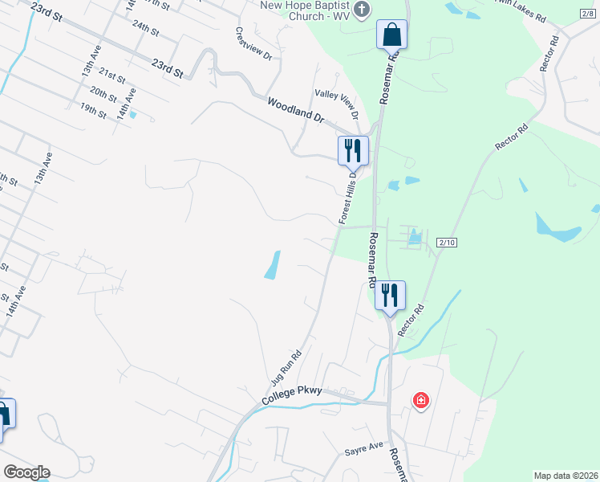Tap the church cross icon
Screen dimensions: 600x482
point(362,9)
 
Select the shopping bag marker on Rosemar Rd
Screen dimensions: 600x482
point(392,35)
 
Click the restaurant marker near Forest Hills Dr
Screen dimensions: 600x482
point(352,150)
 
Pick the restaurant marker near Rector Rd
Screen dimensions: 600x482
point(390,295)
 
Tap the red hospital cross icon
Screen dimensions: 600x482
point(420,400)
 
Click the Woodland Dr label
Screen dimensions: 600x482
point(295,109)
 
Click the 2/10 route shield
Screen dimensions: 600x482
point(447,242)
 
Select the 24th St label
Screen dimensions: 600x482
point(146,27)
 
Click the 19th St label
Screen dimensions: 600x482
point(93,111)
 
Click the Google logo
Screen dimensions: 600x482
point(26,472)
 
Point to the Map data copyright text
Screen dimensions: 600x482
point(565,476)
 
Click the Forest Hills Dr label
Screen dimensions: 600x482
point(347,197)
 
